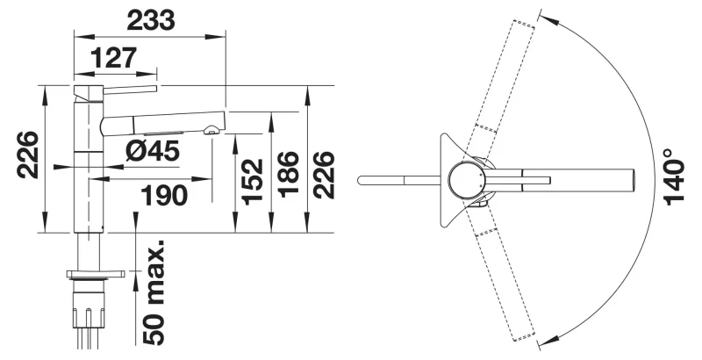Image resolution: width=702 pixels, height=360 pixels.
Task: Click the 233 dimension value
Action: tap(150, 20)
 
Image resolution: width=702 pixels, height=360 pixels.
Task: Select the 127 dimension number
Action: tap(113, 58)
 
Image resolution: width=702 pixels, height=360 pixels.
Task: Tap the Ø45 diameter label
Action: tap(153, 150)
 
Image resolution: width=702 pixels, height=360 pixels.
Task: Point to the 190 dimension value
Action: tap(164, 195)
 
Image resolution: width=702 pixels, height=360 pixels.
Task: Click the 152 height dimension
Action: tap(252, 182)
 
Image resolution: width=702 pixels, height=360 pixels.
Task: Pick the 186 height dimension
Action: tap(288, 174)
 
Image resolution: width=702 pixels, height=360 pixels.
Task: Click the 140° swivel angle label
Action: tap(674, 176)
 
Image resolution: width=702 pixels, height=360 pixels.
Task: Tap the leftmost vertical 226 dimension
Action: tap(27, 155)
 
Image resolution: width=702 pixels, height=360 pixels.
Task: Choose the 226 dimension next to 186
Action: tap(324, 175)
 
